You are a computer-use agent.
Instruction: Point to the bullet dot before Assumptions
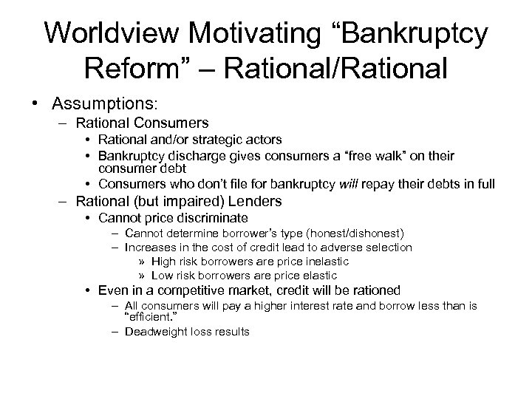[36, 103]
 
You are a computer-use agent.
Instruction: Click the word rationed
[368, 290]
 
